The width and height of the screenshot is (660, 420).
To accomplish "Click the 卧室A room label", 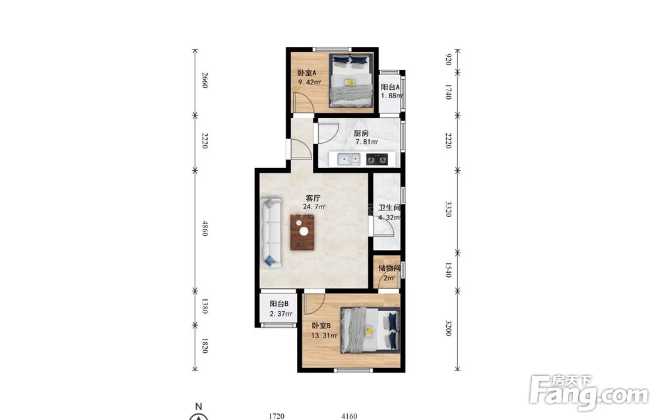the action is tap(307, 73).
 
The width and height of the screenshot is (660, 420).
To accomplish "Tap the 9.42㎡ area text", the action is tap(310, 82).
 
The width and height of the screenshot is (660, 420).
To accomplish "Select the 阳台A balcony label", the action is tap(390, 88).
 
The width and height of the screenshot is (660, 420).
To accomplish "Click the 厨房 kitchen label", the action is tap(361, 133).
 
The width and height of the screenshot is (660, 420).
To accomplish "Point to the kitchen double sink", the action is tap(350, 160).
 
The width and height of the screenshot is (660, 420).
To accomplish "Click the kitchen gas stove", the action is tap(377, 160).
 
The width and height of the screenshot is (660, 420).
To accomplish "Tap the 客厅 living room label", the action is tap(313, 198).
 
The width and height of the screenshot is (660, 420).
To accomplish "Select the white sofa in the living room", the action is tap(271, 233).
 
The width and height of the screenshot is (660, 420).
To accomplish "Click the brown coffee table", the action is tap(303, 232).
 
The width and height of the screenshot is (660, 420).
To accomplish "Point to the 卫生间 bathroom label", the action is tap(389, 208).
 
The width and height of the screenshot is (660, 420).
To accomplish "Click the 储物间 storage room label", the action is tap(389, 268).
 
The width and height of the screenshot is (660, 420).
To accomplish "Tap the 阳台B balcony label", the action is tap(279, 303).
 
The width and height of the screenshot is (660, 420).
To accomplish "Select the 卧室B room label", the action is tap(321, 326).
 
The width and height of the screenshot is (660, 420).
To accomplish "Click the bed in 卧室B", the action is tap(370, 330).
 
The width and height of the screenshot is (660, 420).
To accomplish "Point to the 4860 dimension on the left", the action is tap(205, 228).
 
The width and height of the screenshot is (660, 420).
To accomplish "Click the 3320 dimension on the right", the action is tap(448, 209).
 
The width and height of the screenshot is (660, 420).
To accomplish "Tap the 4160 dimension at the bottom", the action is tap(349, 416).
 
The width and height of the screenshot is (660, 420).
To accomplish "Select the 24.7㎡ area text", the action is tap(314, 207).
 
